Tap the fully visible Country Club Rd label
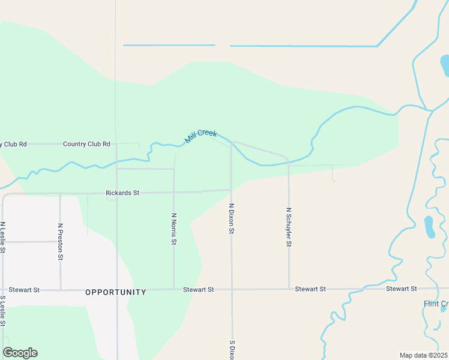[87, 144]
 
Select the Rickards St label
[122, 193]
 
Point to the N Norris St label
[174, 229]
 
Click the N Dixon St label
[231, 218]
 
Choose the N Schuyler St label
[289, 227]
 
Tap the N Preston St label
[60, 241]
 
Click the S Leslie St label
[3, 311]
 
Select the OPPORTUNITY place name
[116, 292]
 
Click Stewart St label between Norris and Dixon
[198, 289]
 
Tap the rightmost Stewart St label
[402, 289]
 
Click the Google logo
[20, 353]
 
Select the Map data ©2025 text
[423, 355]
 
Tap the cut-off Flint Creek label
[436, 304]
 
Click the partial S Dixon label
[231, 350]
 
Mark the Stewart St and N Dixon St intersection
[232, 289]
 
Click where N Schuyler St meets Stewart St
[289, 289]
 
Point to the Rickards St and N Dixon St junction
[232, 191]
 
